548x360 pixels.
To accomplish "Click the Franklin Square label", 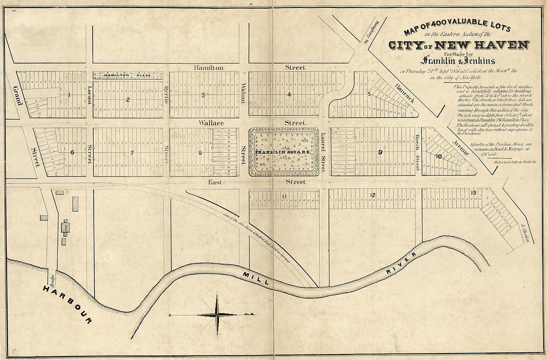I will click(282, 151).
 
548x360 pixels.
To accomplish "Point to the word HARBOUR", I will click(67, 304).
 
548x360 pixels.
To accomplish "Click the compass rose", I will click(217, 314).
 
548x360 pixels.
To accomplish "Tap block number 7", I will click(132, 152).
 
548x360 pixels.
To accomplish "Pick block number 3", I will click(203, 95).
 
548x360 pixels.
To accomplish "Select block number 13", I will click(473, 192).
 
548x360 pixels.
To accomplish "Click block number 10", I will click(438, 156).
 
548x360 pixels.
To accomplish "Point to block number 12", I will click(372, 194).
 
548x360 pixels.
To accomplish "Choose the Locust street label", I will click(90, 94).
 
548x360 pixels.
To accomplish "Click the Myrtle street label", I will click(166, 94).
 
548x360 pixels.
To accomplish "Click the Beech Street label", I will click(418, 148).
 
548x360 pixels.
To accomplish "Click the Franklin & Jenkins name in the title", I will click(457, 61).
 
